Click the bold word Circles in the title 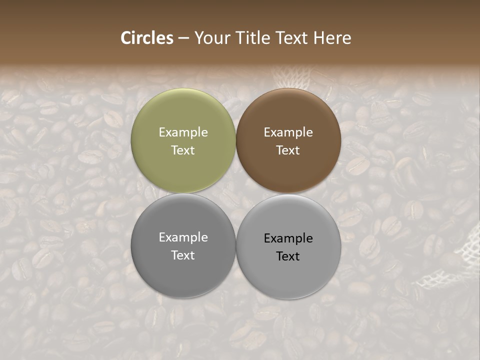pos(147,38)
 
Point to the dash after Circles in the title pos(183,38)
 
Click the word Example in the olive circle pos(183,132)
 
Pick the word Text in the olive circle pos(183,150)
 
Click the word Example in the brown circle pos(288,132)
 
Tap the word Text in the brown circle pos(288,150)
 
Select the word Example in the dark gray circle pos(183,237)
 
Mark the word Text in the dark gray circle pos(183,255)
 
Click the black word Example pos(288,238)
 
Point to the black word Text pos(288,256)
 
